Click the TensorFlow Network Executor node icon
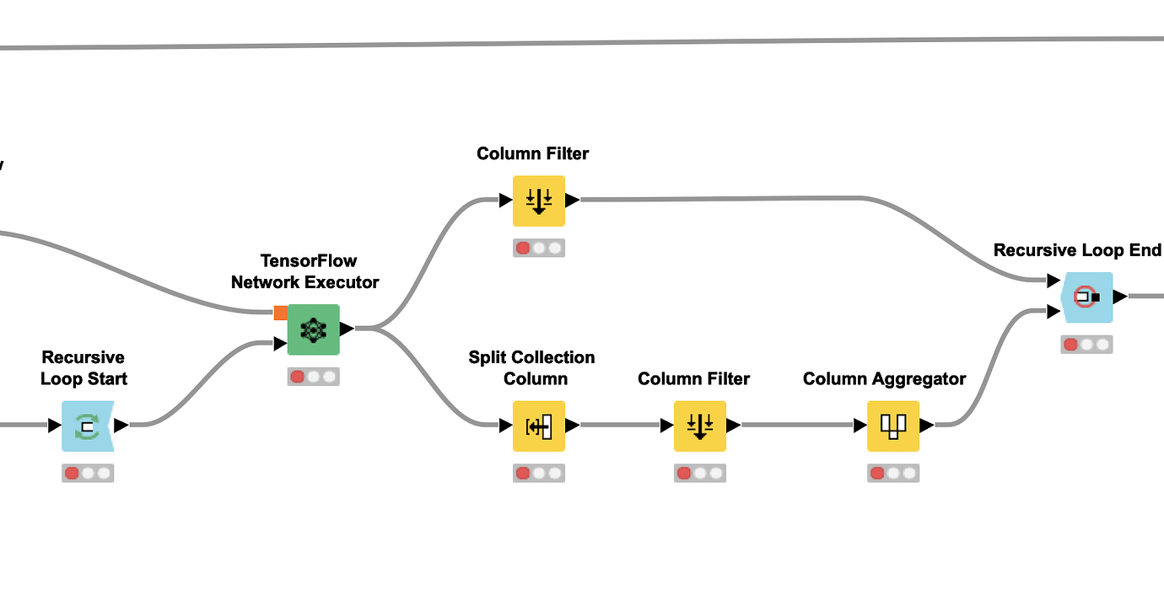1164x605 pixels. (x=313, y=329)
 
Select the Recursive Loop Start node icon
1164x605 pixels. (x=87, y=426)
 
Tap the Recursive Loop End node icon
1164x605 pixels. (x=1087, y=297)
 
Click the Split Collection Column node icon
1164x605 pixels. (x=539, y=426)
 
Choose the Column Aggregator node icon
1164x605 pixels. (x=893, y=426)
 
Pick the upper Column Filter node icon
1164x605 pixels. (x=539, y=201)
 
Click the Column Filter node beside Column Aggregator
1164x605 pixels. (x=699, y=426)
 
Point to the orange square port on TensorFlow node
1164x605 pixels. (x=280, y=313)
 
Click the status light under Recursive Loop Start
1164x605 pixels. (x=88, y=474)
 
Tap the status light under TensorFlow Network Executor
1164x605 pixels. (x=313, y=377)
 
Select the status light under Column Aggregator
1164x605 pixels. (x=893, y=474)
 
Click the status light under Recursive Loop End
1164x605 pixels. (x=1087, y=345)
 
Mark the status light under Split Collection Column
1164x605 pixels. (x=539, y=474)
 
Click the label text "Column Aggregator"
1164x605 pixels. (x=884, y=379)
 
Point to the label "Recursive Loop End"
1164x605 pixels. (x=1077, y=250)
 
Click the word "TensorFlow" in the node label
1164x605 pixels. (x=309, y=261)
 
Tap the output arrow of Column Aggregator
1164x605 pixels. (x=927, y=426)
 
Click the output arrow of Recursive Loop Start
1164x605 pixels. (x=121, y=426)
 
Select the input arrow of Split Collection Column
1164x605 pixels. (x=505, y=426)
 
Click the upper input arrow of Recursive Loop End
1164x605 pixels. (x=1054, y=281)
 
